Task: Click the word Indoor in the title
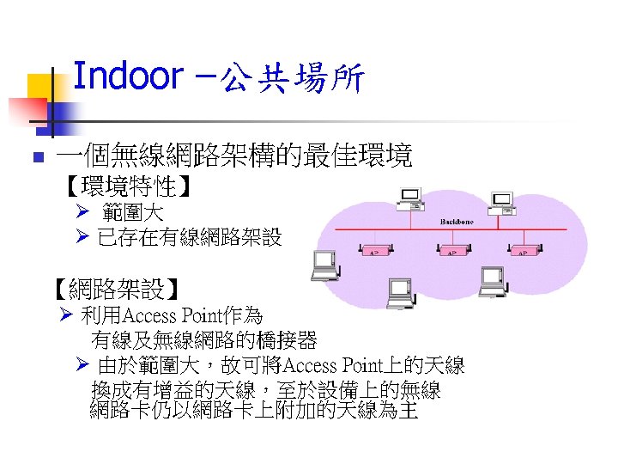coord(128,76)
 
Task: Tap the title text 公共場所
coord(293,80)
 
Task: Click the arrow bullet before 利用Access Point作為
coord(68,314)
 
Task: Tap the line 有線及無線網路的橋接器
coord(204,340)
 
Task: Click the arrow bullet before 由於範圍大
coord(82,365)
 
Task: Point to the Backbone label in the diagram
coord(457,222)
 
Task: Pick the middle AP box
coord(452,252)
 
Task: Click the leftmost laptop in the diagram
coord(325,266)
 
